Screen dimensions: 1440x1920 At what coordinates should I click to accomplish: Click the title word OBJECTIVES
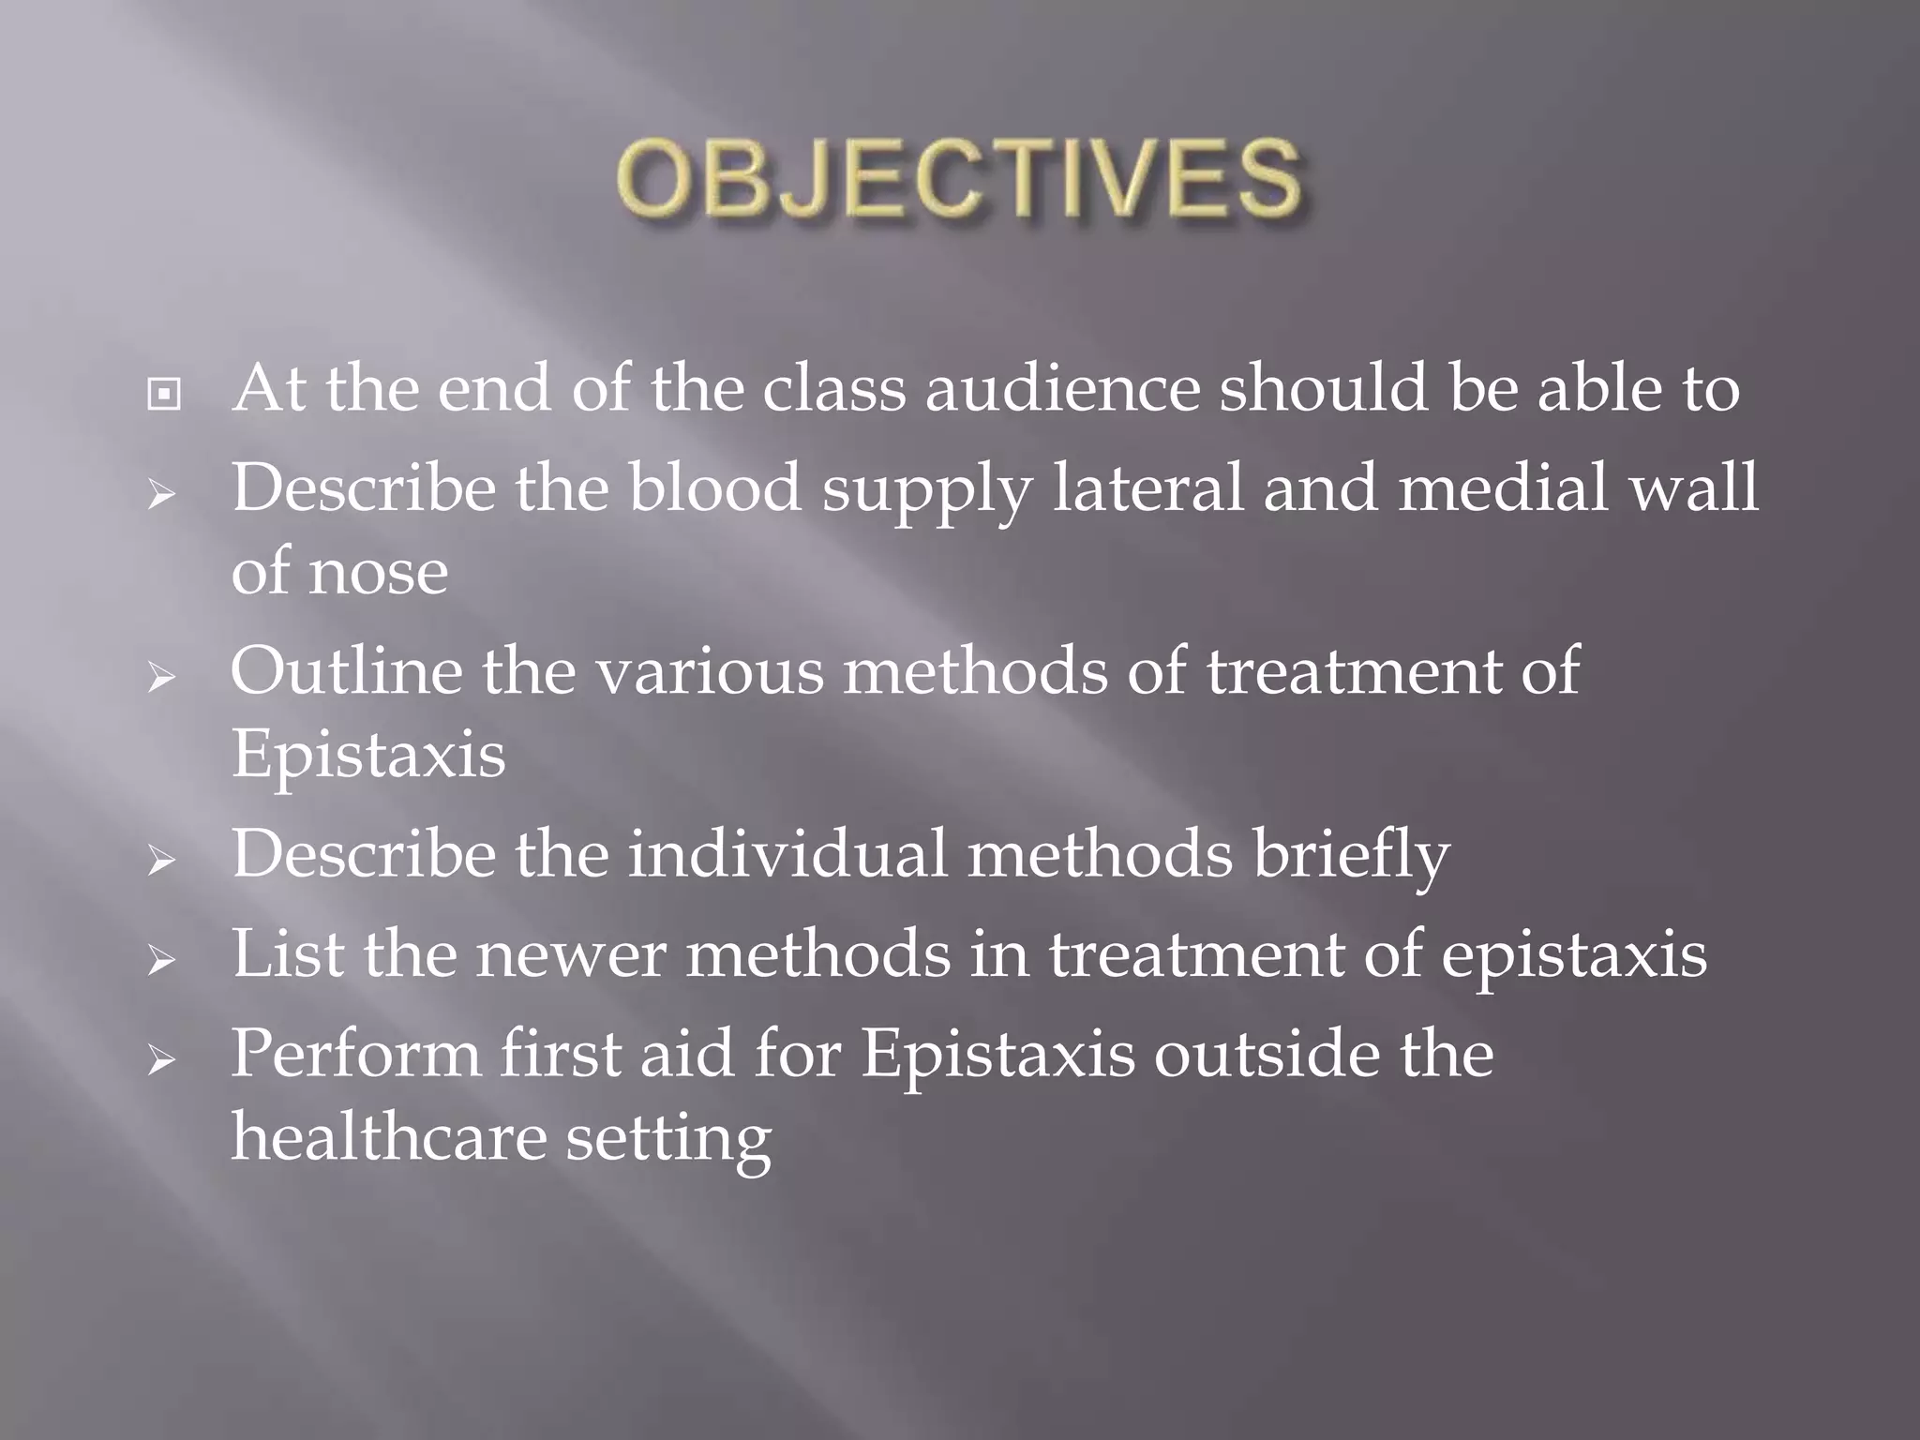958,178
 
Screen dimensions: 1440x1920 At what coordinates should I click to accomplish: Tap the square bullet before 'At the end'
164,395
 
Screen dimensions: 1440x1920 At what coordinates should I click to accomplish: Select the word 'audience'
1062,388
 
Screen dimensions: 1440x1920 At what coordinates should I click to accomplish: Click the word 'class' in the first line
833,388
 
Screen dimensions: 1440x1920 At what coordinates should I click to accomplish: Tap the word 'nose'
378,572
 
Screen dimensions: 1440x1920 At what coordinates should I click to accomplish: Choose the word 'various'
710,671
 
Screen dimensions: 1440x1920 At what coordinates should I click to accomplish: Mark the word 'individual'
787,854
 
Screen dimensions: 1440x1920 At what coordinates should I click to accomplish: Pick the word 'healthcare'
388,1136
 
